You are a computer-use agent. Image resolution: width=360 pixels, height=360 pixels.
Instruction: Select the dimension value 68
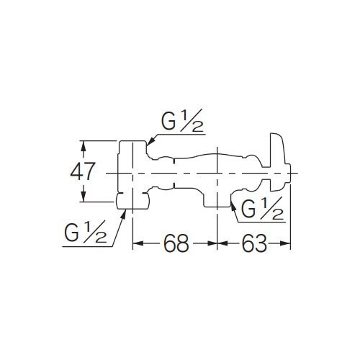175,244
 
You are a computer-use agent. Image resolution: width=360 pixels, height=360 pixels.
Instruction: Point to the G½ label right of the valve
261,210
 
